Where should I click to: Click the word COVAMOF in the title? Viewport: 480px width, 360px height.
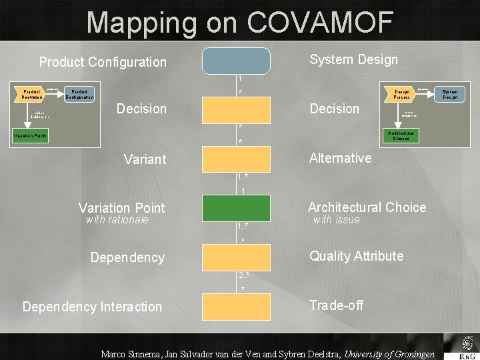319,23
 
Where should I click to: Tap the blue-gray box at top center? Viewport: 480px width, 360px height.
237,60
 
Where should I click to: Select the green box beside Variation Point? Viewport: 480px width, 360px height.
237,208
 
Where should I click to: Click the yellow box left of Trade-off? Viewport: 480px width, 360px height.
237,307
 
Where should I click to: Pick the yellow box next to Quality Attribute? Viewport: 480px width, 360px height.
237,257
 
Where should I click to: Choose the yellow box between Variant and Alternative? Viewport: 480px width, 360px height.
237,159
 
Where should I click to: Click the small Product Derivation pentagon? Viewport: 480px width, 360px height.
31,94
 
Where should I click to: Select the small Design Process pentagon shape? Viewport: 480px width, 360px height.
401,94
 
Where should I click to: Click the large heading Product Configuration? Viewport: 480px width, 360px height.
103,62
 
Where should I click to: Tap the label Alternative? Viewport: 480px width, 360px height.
340,158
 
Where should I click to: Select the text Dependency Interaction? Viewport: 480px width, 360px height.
92,307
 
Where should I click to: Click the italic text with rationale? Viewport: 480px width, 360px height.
117,220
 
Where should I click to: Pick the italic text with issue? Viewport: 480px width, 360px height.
336,220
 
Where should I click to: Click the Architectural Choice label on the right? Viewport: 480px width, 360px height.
367,207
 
